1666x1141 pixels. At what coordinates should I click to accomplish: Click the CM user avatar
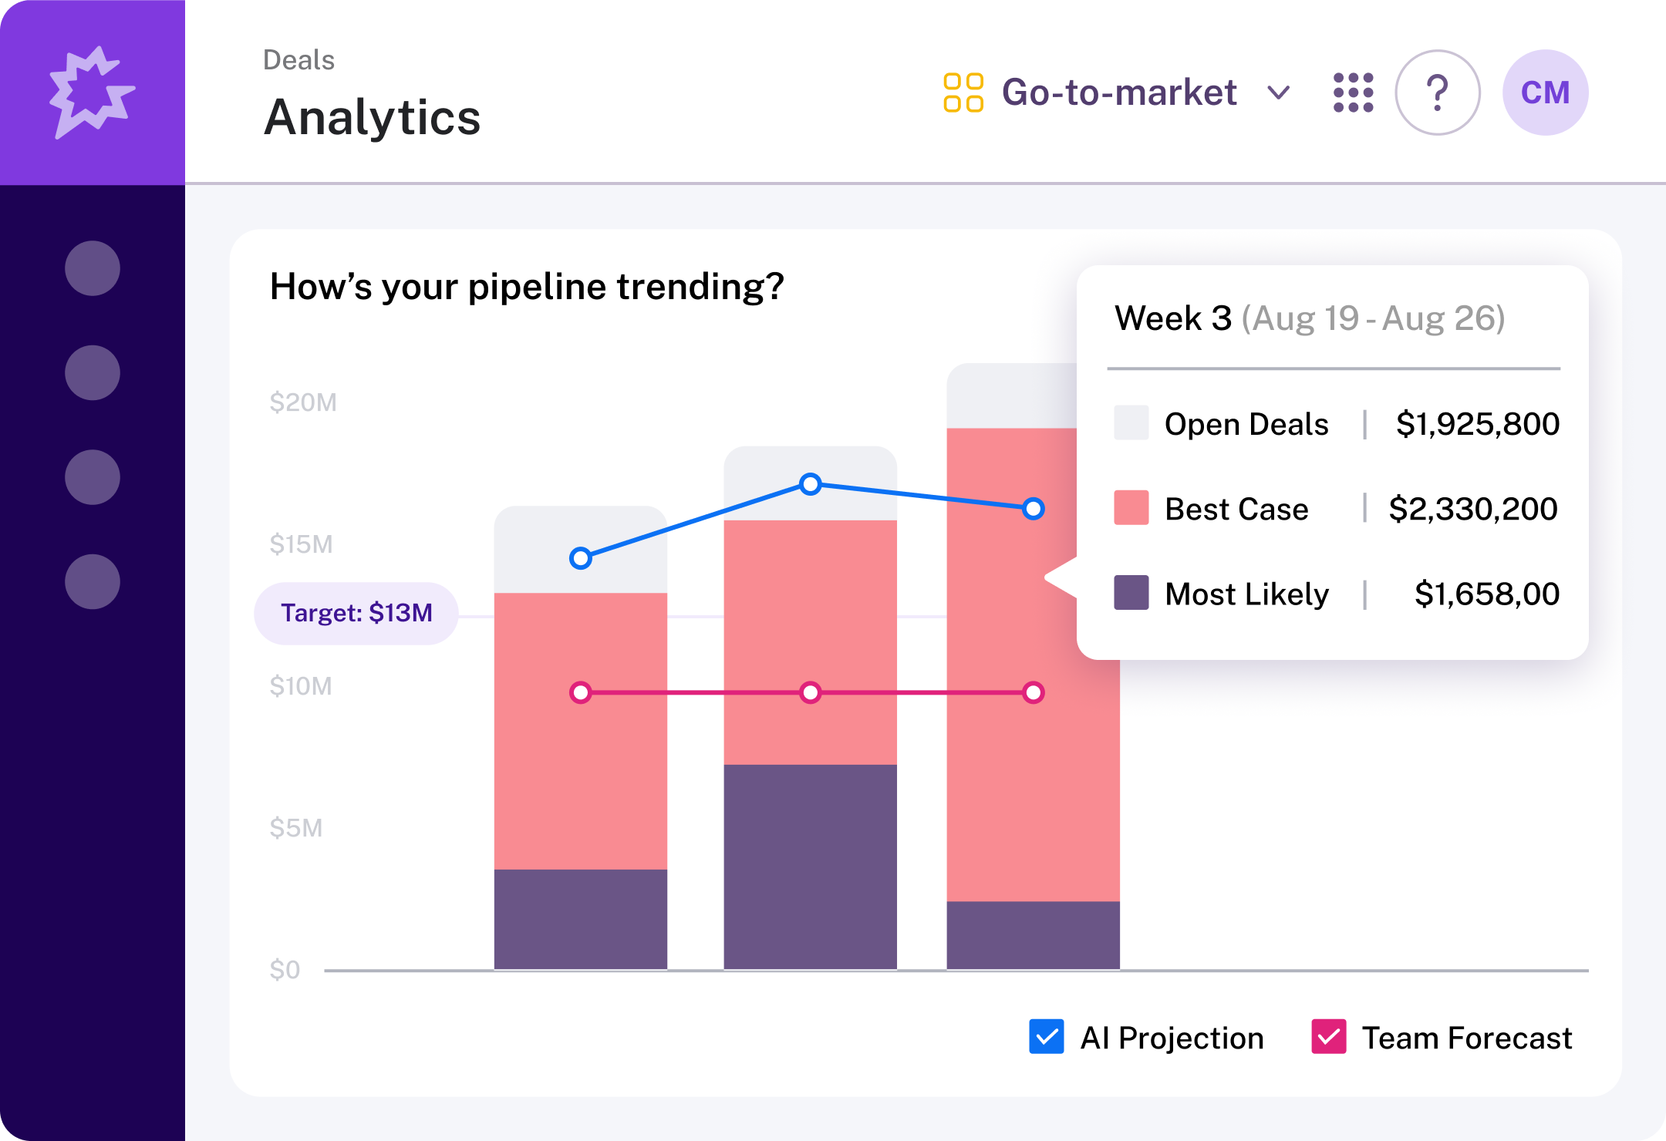pyautogui.click(x=1545, y=93)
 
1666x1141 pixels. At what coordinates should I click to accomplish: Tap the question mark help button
pyautogui.click(x=1437, y=93)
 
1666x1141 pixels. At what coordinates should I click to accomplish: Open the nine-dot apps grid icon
pyautogui.click(x=1354, y=93)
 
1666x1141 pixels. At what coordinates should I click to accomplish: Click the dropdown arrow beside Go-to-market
pyautogui.click(x=1279, y=93)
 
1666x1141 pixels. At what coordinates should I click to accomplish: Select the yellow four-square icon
pyautogui.click(x=963, y=93)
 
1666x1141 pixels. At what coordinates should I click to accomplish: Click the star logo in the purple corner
pyautogui.click(x=92, y=93)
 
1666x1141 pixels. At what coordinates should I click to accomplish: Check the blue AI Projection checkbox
pyautogui.click(x=1047, y=1037)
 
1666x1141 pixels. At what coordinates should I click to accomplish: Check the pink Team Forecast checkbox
pyautogui.click(x=1328, y=1037)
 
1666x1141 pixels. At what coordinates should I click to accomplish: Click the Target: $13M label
pyautogui.click(x=356, y=613)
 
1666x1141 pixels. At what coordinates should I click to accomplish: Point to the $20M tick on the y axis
pyautogui.click(x=303, y=402)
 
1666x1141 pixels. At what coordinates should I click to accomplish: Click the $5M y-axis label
pyautogui.click(x=296, y=828)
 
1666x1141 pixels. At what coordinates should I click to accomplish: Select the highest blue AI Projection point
pyautogui.click(x=810, y=484)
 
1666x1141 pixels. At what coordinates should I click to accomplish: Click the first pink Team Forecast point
pyautogui.click(x=581, y=692)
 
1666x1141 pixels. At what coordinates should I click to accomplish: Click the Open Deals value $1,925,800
pyautogui.click(x=1477, y=424)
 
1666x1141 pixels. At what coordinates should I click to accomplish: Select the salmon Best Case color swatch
pyautogui.click(x=1131, y=508)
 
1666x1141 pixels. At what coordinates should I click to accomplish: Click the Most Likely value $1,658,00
pyautogui.click(x=1486, y=594)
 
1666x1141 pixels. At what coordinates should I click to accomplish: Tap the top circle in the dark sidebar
pyautogui.click(x=93, y=268)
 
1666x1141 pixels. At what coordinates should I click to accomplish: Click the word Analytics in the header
pyautogui.click(x=373, y=117)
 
